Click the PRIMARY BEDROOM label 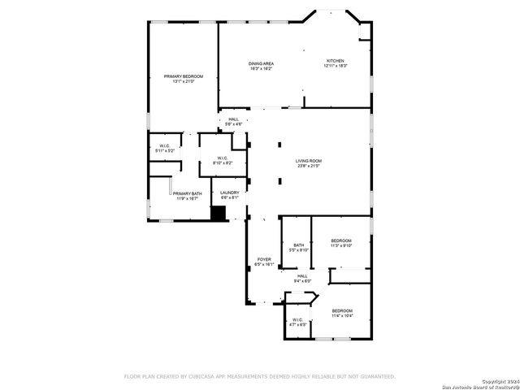click(x=183, y=76)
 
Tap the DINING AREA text click(x=260, y=63)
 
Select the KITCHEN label click(x=336, y=61)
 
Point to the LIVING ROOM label click(x=308, y=161)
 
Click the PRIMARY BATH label click(x=185, y=193)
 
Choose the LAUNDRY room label click(x=230, y=193)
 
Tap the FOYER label click(x=264, y=259)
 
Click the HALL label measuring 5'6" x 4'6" click(x=234, y=119)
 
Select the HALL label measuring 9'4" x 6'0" click(x=302, y=276)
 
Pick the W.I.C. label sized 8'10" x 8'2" click(x=223, y=158)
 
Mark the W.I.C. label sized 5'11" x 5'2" click(x=165, y=146)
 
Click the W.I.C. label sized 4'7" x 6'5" click(x=297, y=319)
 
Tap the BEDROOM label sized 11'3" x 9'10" click(x=341, y=240)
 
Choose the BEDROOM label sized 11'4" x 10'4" click(x=342, y=310)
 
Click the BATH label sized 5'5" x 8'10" click(x=299, y=245)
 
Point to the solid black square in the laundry click(x=218, y=213)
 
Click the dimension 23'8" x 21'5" click(x=308, y=166)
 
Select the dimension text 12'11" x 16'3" click(x=336, y=66)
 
